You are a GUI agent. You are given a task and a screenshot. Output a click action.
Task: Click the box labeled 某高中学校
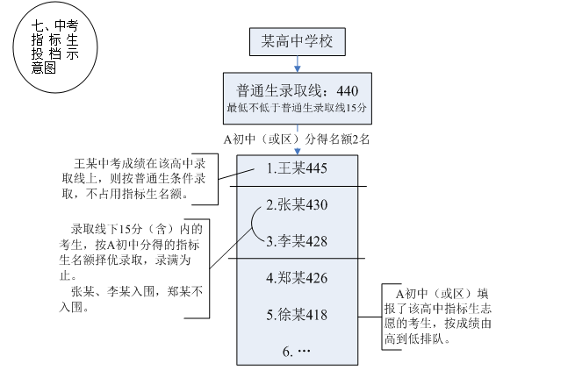(x=298, y=40)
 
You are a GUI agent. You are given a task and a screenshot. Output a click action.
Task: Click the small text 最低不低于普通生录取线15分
(x=298, y=108)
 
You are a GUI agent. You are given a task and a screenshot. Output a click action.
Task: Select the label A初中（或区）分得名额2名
(x=298, y=138)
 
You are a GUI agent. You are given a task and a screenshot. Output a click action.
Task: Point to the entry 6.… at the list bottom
(x=298, y=352)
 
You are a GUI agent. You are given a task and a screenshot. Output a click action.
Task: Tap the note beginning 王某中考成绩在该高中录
(x=136, y=179)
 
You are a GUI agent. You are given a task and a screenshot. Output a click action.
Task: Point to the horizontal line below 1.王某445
(x=298, y=185)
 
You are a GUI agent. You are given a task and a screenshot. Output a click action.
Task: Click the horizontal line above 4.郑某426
(x=298, y=259)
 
